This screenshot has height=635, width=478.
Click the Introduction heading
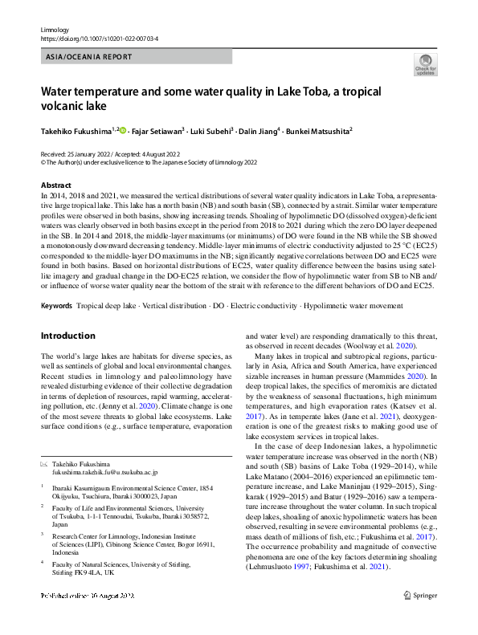click(x=67, y=336)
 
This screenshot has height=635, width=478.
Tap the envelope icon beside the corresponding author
click(x=45, y=464)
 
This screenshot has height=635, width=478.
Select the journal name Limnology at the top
click(x=55, y=29)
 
